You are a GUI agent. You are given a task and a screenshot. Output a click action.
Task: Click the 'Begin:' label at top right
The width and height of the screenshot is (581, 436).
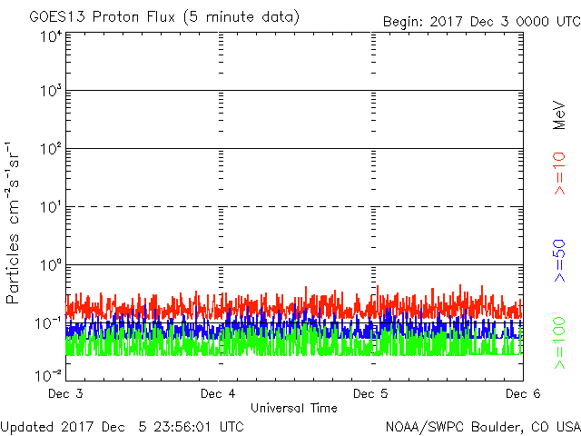[x=405, y=19]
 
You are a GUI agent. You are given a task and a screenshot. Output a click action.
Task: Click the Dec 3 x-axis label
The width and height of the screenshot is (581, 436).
[x=65, y=394]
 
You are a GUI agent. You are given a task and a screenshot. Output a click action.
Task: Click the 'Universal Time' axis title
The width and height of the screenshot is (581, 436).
[x=294, y=408]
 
